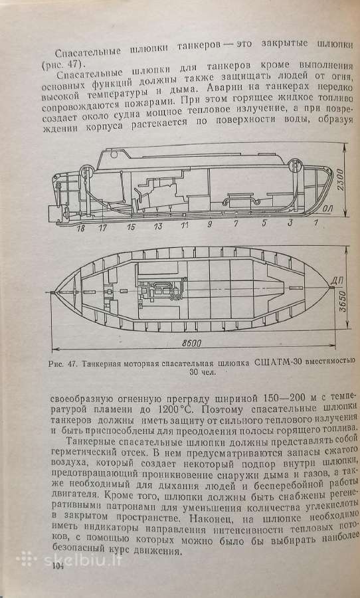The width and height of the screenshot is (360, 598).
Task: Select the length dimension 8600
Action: click(x=192, y=343)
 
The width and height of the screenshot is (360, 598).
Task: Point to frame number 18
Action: click(x=80, y=229)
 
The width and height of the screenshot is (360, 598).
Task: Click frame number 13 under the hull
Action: click(x=158, y=226)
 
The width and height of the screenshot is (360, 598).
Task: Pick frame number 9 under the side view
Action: click(x=209, y=225)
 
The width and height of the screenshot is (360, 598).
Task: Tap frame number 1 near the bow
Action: click(x=315, y=223)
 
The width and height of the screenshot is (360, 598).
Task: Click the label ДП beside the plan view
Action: click(x=336, y=281)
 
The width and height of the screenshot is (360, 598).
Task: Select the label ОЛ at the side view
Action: click(x=327, y=209)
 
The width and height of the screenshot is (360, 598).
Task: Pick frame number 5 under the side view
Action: click(x=264, y=224)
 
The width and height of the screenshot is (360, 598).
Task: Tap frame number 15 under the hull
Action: click(x=131, y=227)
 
